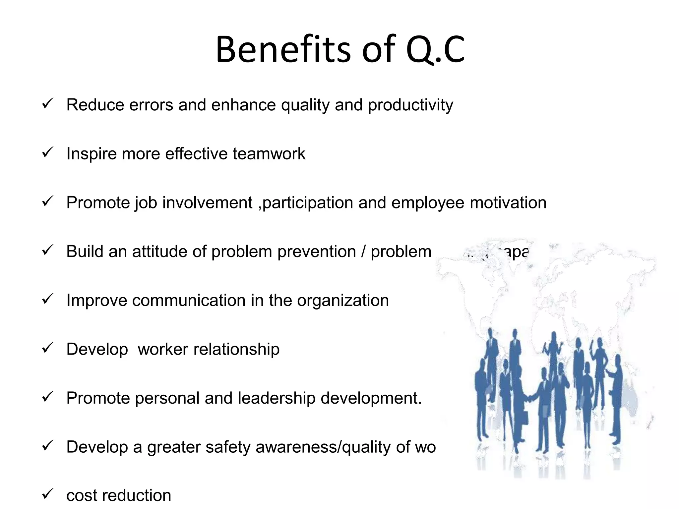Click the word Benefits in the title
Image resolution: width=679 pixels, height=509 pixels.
coord(283,50)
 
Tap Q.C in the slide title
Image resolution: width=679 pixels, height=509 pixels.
coord(435,50)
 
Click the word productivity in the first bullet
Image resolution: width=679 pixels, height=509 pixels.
coord(410,105)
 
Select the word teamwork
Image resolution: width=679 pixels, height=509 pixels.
coord(269,154)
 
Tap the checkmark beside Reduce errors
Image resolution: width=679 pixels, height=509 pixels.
coord(48,104)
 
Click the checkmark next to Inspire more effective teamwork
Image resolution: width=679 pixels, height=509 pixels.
coord(48,153)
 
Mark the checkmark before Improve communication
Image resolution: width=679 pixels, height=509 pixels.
coord(48,299)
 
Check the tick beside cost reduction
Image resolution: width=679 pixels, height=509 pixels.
coord(48,494)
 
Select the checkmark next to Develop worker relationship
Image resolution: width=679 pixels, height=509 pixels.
coord(48,348)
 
